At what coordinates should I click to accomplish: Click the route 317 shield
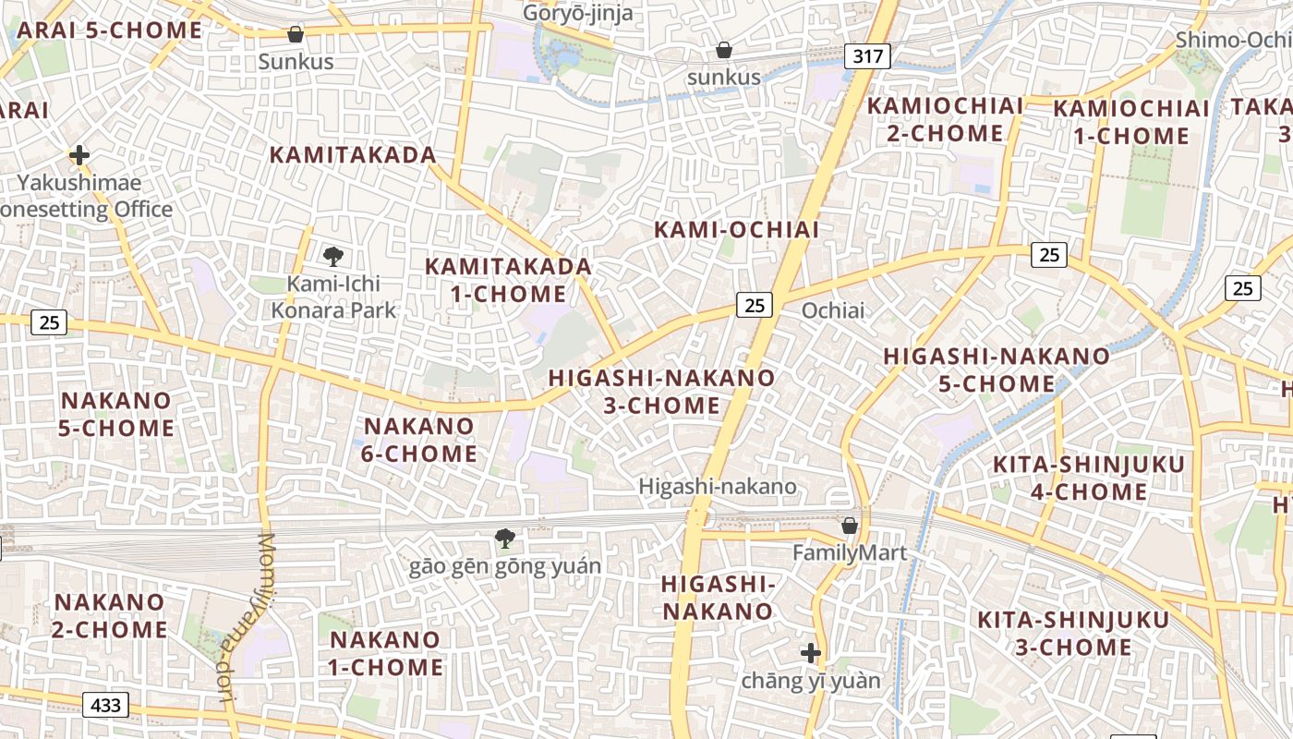pyautogui.click(x=867, y=56)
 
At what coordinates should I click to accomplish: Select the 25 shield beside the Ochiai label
pyautogui.click(x=755, y=305)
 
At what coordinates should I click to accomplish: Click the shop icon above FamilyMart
pyautogui.click(x=850, y=526)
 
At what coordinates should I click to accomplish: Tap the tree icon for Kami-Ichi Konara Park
pyautogui.click(x=333, y=257)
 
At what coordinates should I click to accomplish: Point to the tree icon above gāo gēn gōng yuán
pyautogui.click(x=504, y=539)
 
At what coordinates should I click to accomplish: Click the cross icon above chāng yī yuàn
pyautogui.click(x=810, y=654)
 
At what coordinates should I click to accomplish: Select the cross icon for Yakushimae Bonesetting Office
pyautogui.click(x=79, y=155)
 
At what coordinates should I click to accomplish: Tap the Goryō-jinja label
pyautogui.click(x=578, y=13)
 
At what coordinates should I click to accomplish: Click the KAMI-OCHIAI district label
pyautogui.click(x=736, y=230)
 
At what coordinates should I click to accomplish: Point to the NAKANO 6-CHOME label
pyautogui.click(x=420, y=440)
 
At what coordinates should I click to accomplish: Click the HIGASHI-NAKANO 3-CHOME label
pyautogui.click(x=661, y=392)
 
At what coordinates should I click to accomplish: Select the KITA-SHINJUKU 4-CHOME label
pyautogui.click(x=1088, y=478)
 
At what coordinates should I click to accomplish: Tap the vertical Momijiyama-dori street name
pyautogui.click(x=243, y=619)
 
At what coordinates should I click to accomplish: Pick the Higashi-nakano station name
pyautogui.click(x=718, y=486)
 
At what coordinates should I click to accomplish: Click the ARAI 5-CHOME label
pyautogui.click(x=109, y=30)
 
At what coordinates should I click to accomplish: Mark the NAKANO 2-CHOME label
pyautogui.click(x=110, y=616)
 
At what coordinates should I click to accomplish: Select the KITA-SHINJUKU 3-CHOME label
pyautogui.click(x=1073, y=633)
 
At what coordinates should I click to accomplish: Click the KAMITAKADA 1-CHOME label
pyautogui.click(x=508, y=280)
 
